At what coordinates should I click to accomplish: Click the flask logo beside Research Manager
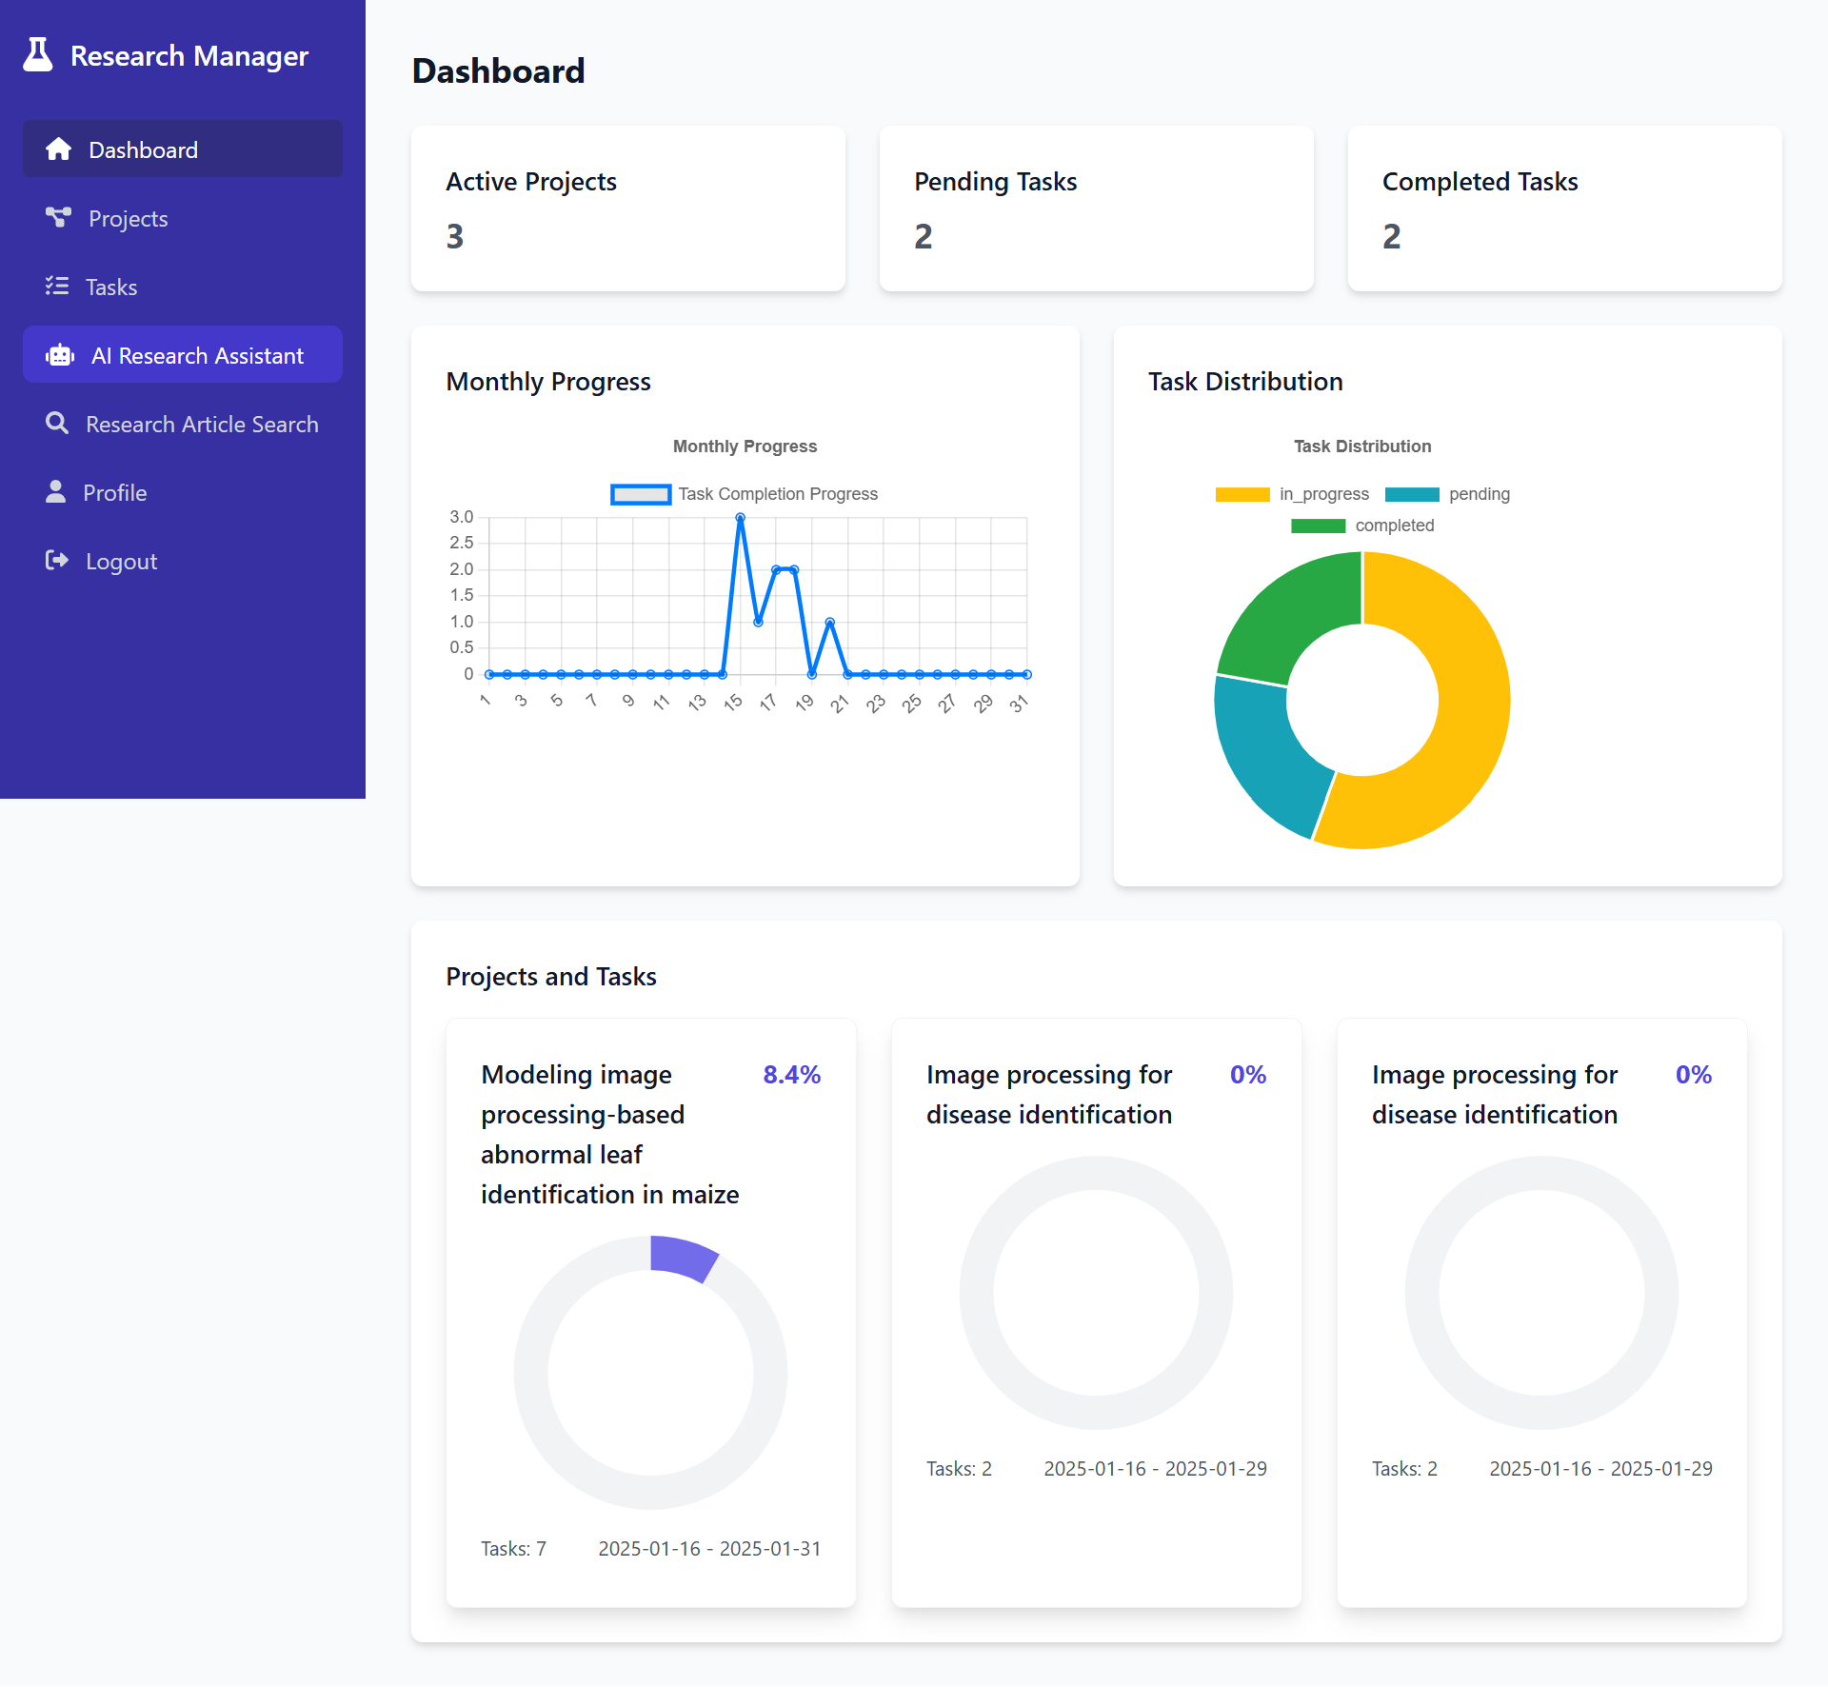pos(38,55)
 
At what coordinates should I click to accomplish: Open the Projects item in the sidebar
pos(128,219)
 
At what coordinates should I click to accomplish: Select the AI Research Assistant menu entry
pos(197,356)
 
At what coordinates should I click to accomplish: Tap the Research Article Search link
pos(202,425)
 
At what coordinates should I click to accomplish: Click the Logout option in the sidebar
pos(121,562)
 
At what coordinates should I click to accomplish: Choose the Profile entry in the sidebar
pos(114,493)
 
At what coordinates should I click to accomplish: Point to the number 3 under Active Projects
pos(455,236)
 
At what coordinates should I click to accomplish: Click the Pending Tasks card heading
pos(995,182)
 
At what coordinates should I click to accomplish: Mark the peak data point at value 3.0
pos(740,518)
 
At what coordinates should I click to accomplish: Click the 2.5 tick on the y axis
pos(462,543)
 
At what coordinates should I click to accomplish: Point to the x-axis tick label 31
pos(1019,704)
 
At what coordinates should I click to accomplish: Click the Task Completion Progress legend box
pos(640,494)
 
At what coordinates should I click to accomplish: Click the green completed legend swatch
pos(1318,526)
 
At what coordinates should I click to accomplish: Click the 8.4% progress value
pos(791,1075)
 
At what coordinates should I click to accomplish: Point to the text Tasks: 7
pos(513,1549)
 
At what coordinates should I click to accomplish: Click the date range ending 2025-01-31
pos(709,1549)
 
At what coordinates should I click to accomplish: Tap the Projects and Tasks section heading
pos(551,977)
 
